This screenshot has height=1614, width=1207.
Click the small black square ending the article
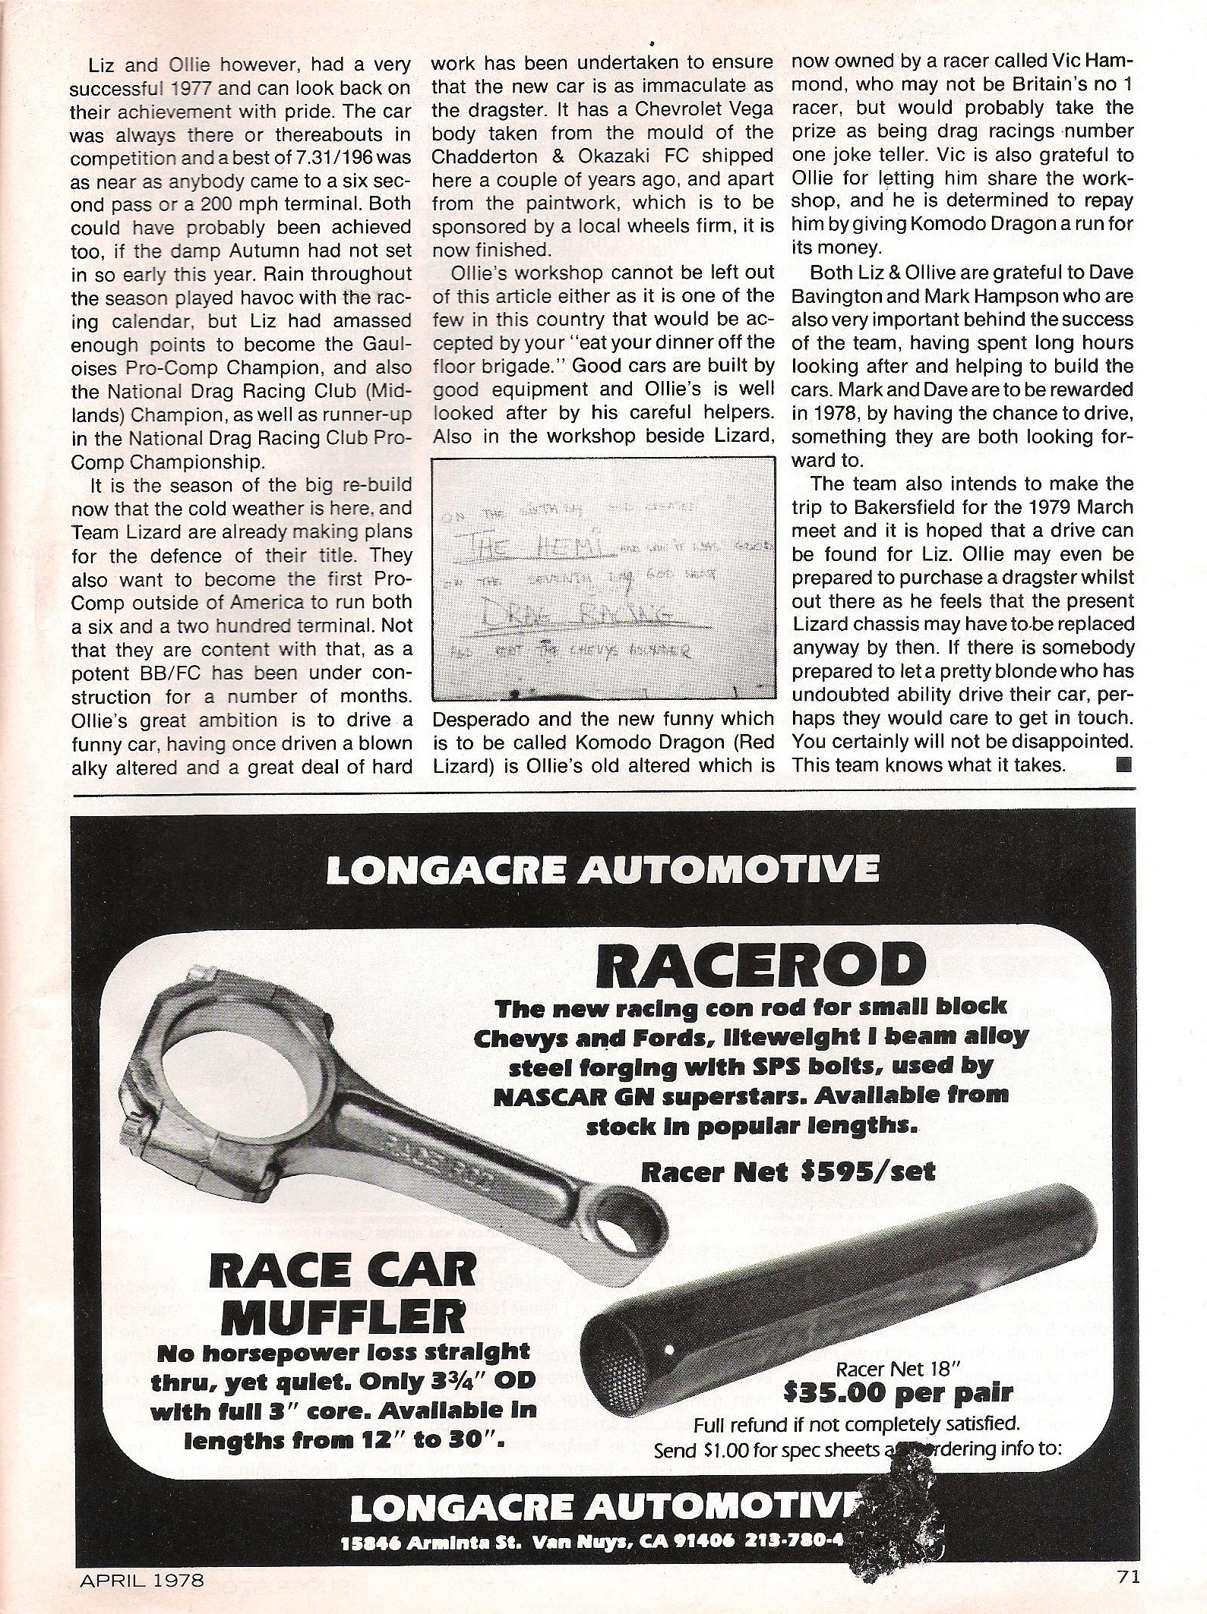(x=1124, y=764)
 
